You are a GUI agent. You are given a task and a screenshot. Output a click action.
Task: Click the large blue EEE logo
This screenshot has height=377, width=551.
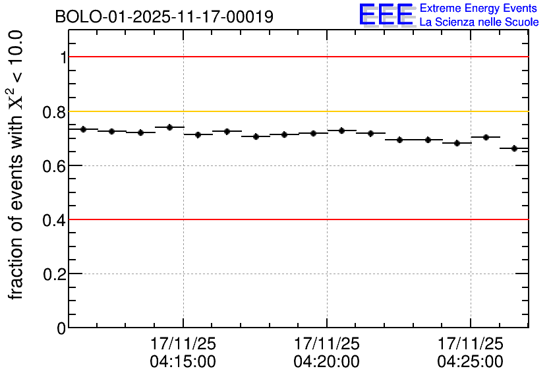(x=386, y=15)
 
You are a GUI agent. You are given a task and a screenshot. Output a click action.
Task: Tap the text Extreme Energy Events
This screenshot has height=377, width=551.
(x=479, y=9)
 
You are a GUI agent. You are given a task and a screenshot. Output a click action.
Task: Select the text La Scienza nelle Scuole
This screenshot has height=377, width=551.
(x=479, y=22)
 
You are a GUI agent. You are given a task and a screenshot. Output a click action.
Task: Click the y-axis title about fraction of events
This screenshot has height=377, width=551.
(x=17, y=165)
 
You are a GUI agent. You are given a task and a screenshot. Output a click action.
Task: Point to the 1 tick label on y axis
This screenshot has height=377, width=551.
(x=63, y=57)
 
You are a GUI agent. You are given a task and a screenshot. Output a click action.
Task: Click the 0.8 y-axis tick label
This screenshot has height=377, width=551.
(x=56, y=111)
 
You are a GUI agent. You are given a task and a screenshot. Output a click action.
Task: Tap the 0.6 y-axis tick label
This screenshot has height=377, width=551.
(x=56, y=165)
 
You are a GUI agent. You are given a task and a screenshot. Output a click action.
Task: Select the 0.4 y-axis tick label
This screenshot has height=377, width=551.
(x=56, y=219)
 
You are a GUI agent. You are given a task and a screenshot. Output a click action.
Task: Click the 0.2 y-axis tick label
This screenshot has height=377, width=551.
(x=56, y=274)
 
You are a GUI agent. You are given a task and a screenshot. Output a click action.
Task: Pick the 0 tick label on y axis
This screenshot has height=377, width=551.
(x=62, y=328)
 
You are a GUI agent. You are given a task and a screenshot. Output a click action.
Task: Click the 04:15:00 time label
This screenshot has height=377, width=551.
(x=183, y=361)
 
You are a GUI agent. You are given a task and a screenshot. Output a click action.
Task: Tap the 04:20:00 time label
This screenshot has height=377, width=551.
(x=327, y=361)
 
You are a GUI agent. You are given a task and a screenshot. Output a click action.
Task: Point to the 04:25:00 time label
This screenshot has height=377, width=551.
(x=471, y=361)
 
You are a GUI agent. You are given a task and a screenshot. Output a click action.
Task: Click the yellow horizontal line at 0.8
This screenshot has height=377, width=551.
(x=297, y=111)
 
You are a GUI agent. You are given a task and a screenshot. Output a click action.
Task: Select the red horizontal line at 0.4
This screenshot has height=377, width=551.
(x=297, y=219)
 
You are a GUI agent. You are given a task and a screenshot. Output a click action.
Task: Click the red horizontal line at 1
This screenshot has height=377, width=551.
(x=297, y=57)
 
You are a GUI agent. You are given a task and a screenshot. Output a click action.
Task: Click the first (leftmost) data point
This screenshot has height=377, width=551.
(x=83, y=129)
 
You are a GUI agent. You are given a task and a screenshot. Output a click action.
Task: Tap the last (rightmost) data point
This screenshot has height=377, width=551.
(x=515, y=148)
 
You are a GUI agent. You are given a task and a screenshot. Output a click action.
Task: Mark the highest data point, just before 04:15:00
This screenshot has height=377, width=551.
(x=169, y=127)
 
